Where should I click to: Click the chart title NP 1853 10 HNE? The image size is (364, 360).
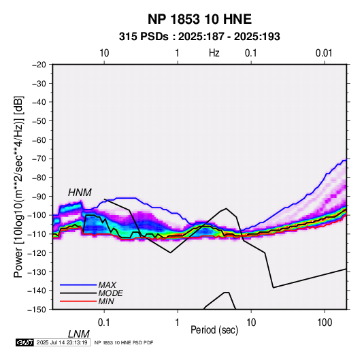(199, 19)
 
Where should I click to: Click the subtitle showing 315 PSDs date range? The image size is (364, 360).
(199, 37)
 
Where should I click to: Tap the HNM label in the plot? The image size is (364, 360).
(80, 193)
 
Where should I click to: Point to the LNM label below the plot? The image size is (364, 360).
(78, 334)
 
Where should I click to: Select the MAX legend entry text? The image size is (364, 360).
(107, 285)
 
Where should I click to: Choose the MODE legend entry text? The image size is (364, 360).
(110, 293)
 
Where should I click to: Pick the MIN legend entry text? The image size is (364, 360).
(106, 301)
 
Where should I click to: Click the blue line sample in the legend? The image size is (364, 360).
(78, 285)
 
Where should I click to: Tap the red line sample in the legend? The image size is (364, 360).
(78, 301)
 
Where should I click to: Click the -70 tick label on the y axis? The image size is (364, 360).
(39, 159)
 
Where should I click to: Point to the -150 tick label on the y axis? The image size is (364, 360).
(37, 310)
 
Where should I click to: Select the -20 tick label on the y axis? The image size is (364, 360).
(39, 65)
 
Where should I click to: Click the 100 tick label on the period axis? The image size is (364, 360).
(325, 323)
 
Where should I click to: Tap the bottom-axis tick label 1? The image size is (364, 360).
(178, 323)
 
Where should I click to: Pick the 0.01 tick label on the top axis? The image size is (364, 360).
(324, 53)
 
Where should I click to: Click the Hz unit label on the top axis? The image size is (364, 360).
(214, 53)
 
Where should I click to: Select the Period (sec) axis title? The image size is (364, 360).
(214, 330)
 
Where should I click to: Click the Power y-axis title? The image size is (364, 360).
(18, 186)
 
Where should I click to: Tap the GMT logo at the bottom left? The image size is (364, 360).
(25, 342)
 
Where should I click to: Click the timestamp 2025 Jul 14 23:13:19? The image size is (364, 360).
(62, 342)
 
